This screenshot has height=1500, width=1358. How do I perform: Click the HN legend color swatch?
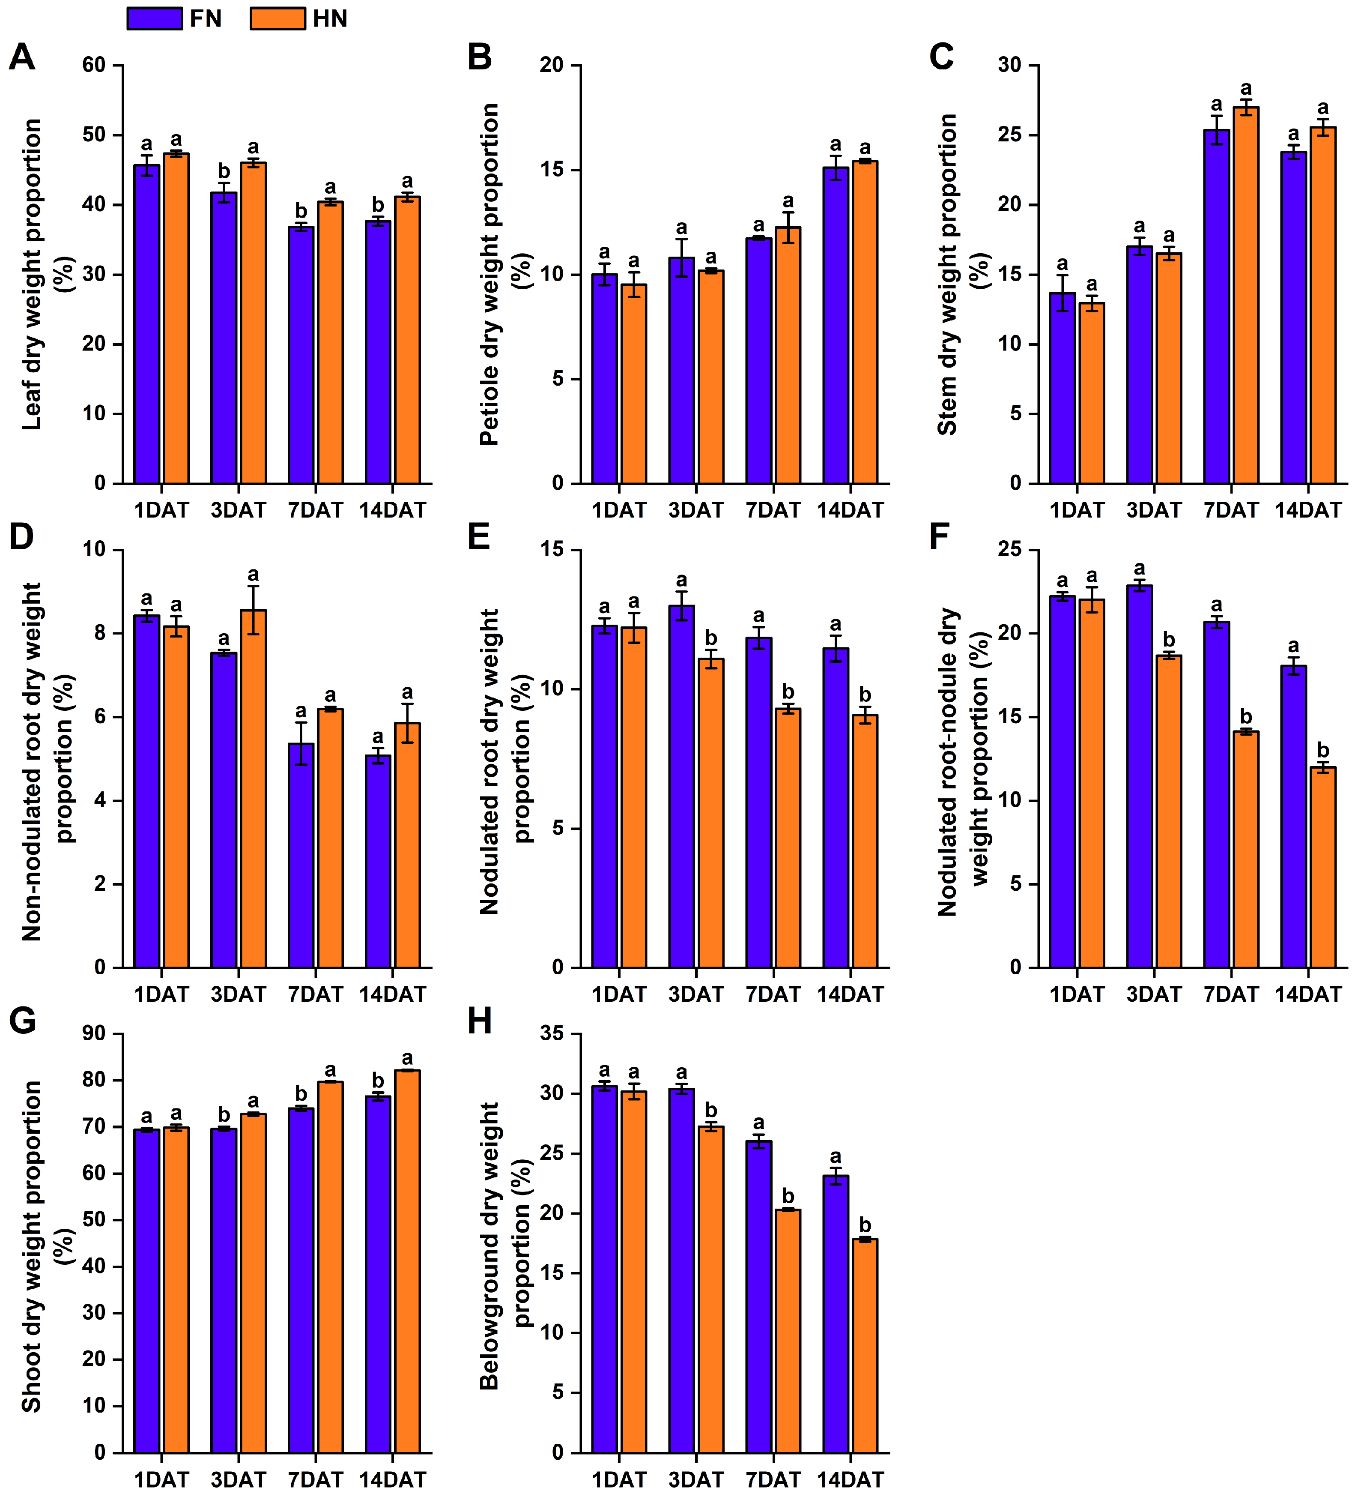coord(278,18)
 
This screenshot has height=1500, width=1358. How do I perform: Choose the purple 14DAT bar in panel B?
coord(835,326)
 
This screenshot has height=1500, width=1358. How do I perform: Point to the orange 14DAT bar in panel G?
coord(407,1261)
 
